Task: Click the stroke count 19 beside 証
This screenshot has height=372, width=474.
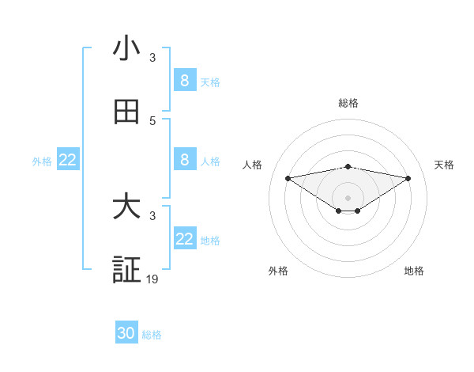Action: point(152,279)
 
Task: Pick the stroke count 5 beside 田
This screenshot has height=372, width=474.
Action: point(152,121)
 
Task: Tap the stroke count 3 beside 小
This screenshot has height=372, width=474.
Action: point(152,58)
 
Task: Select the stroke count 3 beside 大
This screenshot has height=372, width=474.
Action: point(152,216)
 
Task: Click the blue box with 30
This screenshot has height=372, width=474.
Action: point(126,333)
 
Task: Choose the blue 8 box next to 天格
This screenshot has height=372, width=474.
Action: point(185,81)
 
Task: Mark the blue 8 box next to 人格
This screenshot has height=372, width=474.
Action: point(185,160)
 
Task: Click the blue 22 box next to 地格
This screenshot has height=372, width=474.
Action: point(185,239)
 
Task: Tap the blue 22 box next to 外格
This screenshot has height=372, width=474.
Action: point(68,160)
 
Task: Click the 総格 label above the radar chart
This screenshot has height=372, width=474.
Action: point(348,103)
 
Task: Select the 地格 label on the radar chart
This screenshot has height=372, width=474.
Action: point(414,271)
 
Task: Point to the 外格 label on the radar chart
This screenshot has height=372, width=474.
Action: point(278,271)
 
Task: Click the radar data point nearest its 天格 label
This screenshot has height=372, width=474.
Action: point(408,178)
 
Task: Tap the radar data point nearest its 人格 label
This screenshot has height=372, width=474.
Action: point(288,178)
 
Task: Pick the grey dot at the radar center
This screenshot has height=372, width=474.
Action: point(348,197)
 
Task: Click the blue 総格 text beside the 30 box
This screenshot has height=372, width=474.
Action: point(152,335)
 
